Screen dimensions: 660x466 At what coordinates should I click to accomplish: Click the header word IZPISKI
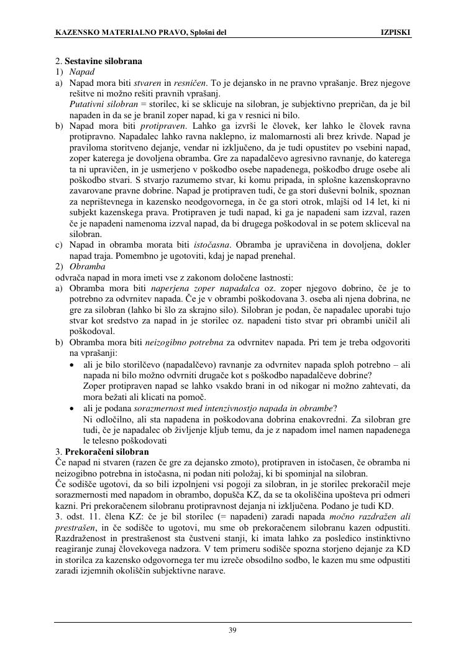click(x=395, y=32)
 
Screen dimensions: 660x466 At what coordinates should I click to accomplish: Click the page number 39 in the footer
click(x=232, y=630)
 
